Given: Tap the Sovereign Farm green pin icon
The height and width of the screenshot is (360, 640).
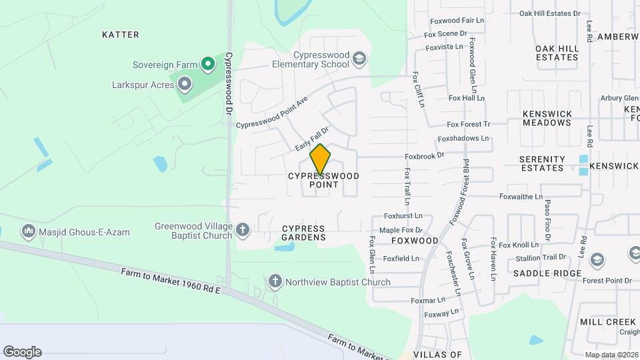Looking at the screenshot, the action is (x=208, y=64).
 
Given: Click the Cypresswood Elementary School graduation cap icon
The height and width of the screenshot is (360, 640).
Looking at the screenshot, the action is (x=360, y=59).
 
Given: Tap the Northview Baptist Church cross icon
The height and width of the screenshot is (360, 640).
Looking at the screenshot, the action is (x=275, y=281).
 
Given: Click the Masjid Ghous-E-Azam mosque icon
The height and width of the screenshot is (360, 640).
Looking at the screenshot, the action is (x=29, y=232).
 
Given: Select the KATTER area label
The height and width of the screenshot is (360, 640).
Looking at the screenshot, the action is (x=121, y=34).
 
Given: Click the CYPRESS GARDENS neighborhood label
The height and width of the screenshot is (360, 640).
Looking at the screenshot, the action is (x=303, y=232).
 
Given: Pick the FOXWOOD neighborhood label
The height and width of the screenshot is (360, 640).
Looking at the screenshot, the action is (x=415, y=241).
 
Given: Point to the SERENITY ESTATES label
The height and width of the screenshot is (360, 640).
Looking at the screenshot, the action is (x=542, y=163).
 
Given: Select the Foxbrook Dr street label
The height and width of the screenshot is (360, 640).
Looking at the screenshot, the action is (x=424, y=156).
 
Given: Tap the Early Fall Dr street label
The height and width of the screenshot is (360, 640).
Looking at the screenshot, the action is (x=313, y=139).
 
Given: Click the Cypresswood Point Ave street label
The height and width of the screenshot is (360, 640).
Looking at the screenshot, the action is (x=271, y=113).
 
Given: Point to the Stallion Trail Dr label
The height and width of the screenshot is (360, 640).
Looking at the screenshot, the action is (x=541, y=257).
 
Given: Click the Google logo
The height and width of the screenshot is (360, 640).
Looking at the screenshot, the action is (x=22, y=352).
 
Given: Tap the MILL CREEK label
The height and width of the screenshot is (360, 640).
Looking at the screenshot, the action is (x=608, y=322).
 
